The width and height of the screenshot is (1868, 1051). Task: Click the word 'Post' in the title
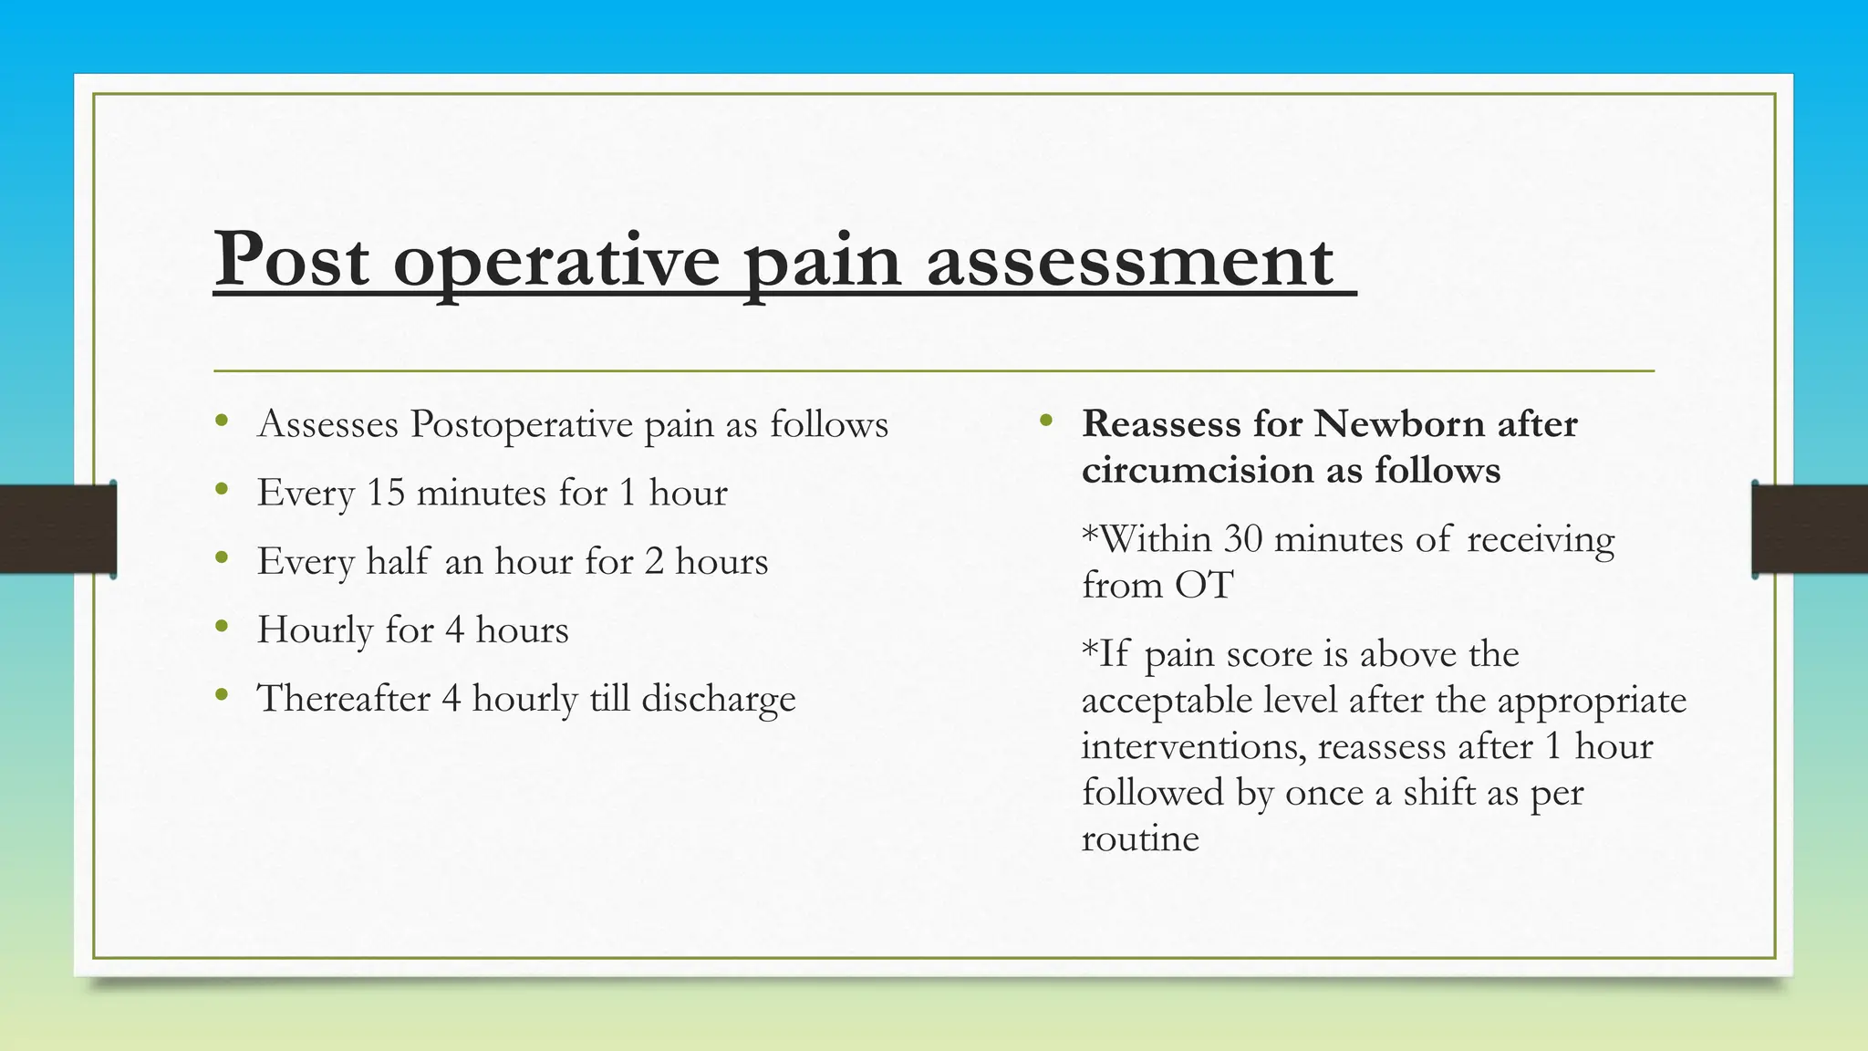tap(292, 260)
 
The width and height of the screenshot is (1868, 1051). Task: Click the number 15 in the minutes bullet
tap(385, 493)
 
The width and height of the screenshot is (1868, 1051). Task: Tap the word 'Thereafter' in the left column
tap(344, 699)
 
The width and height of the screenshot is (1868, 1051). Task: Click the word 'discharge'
tap(719, 700)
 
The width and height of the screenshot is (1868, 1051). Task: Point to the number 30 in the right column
tap(1243, 539)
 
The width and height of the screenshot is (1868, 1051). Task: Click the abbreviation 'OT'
tap(1204, 586)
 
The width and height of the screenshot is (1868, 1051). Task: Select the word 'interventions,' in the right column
tap(1194, 746)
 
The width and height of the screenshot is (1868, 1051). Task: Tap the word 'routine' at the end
tap(1140, 838)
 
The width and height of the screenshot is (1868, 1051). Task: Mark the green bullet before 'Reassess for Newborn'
tap(1046, 421)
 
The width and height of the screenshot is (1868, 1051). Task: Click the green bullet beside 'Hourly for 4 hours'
tap(222, 627)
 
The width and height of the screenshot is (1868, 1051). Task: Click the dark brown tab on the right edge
tap(1810, 529)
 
